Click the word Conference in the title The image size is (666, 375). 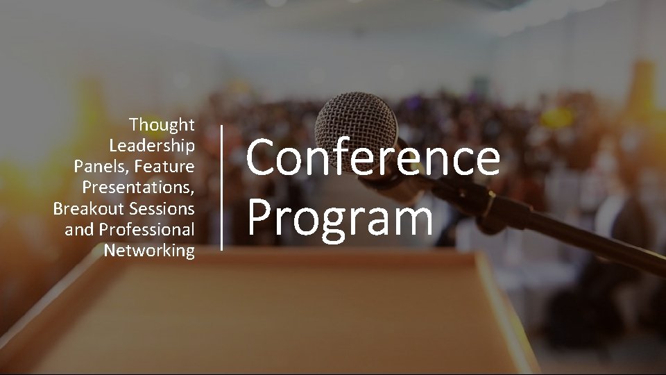tap(373, 158)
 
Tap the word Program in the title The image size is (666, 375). tap(340, 217)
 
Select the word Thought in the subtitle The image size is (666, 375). tap(162, 125)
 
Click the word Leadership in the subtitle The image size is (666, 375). tap(152, 146)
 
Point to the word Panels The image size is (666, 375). tap(99, 167)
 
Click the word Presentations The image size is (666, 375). tap(138, 187)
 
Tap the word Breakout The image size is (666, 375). tap(88, 208)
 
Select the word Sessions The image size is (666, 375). tap(162, 208)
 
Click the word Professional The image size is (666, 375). tap(147, 229)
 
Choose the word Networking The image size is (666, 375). tap(149, 250)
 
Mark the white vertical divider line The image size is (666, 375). tap(222, 187)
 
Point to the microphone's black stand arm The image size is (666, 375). tap(576, 236)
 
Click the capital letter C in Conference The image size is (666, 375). tap(262, 158)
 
